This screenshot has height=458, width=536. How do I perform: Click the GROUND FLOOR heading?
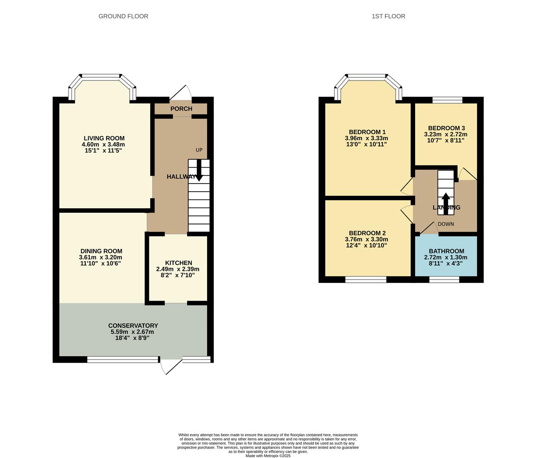pos(123,16)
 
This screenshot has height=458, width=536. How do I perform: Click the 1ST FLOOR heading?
pos(388,16)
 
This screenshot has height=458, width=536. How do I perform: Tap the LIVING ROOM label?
pos(104,138)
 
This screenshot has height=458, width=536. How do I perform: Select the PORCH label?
pos(181,109)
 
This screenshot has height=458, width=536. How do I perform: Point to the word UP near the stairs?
pos(199,150)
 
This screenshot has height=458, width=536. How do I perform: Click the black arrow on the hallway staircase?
pos(199,172)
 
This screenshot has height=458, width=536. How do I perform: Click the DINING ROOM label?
pos(101,251)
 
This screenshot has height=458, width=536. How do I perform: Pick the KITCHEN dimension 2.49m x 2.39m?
pos(177,269)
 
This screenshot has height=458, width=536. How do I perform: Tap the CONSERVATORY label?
pos(133,326)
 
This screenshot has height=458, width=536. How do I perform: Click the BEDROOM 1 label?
pos(367,132)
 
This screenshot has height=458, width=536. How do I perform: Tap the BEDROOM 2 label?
pos(367,233)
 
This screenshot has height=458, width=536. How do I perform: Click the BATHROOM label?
pos(446,251)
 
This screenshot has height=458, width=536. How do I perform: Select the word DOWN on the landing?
pos(446,224)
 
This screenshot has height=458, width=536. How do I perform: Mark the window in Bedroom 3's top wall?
pos(447,100)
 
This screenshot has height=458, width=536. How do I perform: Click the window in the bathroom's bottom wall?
pos(444,279)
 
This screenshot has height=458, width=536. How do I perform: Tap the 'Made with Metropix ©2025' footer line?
pos(268,456)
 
